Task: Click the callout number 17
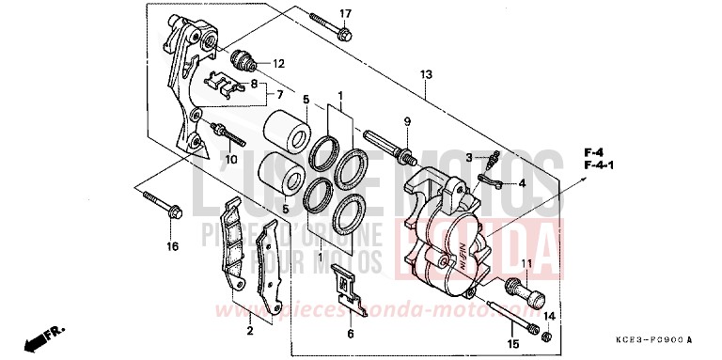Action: tap(344, 13)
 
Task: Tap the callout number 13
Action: tap(426, 74)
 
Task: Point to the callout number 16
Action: tap(172, 248)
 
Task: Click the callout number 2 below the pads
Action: tap(250, 330)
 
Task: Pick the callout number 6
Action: tap(350, 333)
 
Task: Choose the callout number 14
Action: tap(549, 317)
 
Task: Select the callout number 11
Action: tap(526, 264)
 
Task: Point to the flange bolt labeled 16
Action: tap(161, 206)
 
